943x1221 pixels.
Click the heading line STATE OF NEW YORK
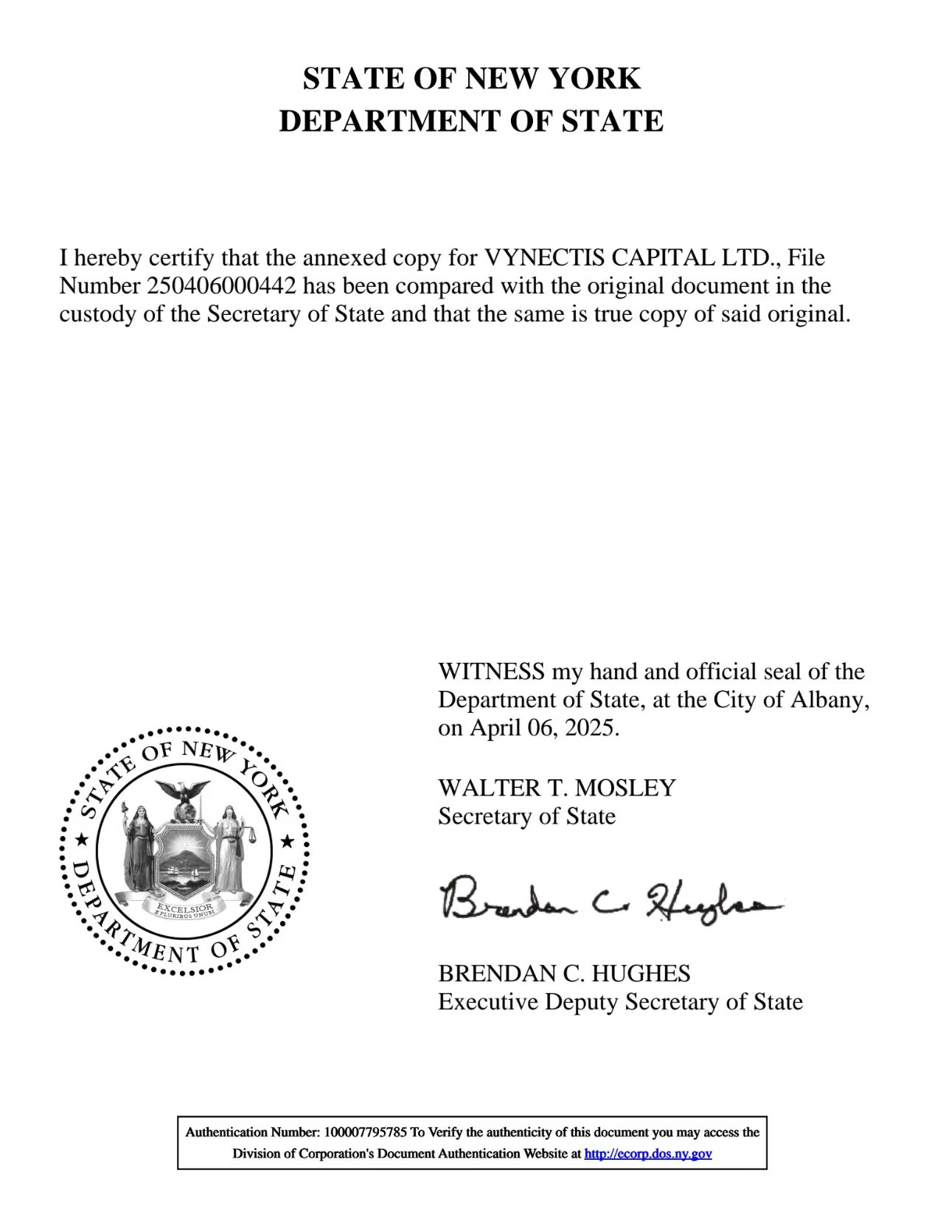tap(471, 78)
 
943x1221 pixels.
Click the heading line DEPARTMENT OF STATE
tap(471, 121)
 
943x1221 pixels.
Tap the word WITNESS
tap(491, 672)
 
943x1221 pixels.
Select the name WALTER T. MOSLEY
tap(557, 787)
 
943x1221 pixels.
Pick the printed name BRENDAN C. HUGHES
tap(564, 973)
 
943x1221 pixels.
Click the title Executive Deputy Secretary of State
tap(620, 1002)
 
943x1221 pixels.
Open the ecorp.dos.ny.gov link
tap(648, 1154)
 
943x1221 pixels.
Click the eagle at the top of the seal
tap(185, 795)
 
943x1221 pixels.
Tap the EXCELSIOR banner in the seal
tap(185, 906)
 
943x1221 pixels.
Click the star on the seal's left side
tap(83, 841)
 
